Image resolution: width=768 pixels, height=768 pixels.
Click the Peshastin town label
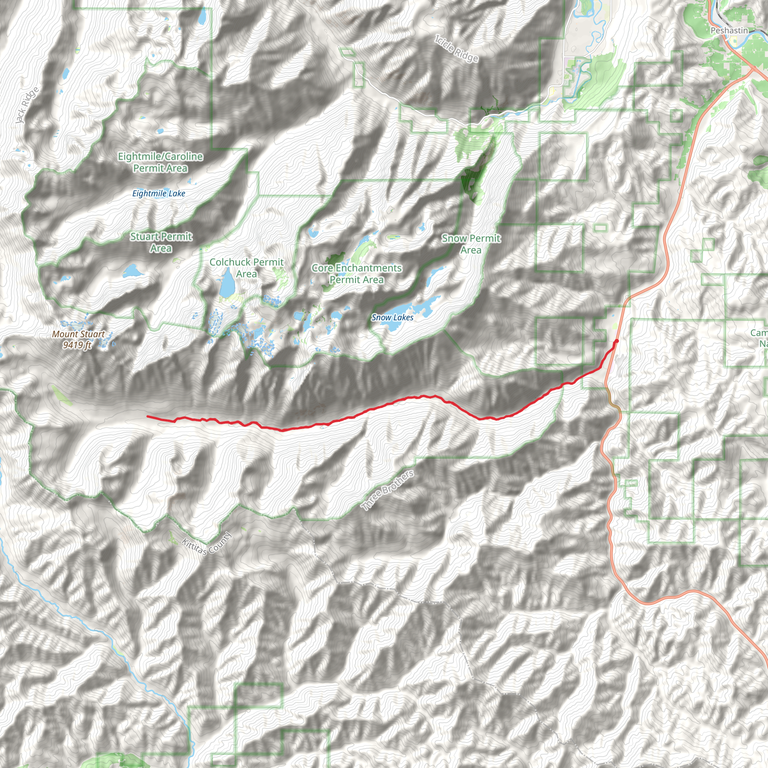point(729,31)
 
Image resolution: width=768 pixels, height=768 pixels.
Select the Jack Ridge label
point(27,105)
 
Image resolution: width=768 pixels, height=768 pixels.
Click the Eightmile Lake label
point(159,193)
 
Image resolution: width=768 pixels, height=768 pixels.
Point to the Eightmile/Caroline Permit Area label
point(160,162)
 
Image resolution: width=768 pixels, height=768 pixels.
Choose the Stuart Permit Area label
point(161,242)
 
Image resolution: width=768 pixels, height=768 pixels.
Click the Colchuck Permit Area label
point(246,267)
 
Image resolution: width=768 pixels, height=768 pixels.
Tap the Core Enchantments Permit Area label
point(357,273)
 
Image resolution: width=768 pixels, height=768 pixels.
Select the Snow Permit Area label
point(471,244)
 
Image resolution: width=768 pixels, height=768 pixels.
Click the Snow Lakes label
point(392,317)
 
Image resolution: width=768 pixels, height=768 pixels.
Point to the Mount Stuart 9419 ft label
point(78,339)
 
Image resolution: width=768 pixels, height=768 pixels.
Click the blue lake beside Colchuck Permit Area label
point(227,283)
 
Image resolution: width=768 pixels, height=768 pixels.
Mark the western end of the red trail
point(147,416)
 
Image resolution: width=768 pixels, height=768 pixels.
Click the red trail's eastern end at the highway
point(616,341)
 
